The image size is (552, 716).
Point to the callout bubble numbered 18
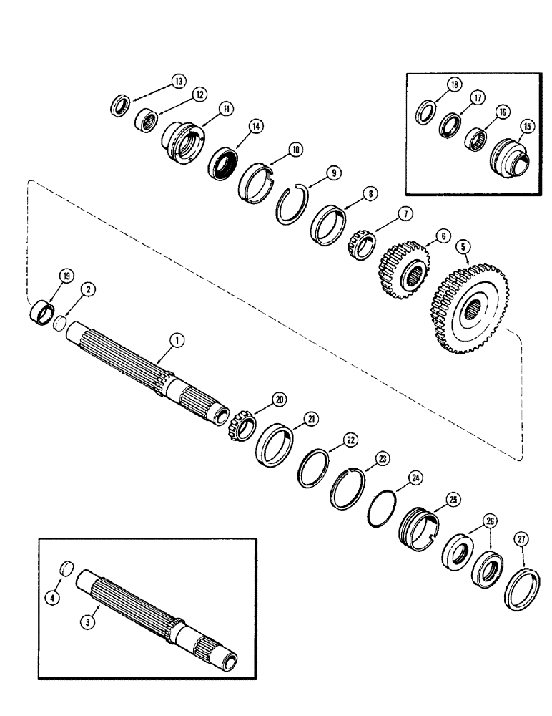point(453,84)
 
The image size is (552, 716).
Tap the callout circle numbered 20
point(278,399)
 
